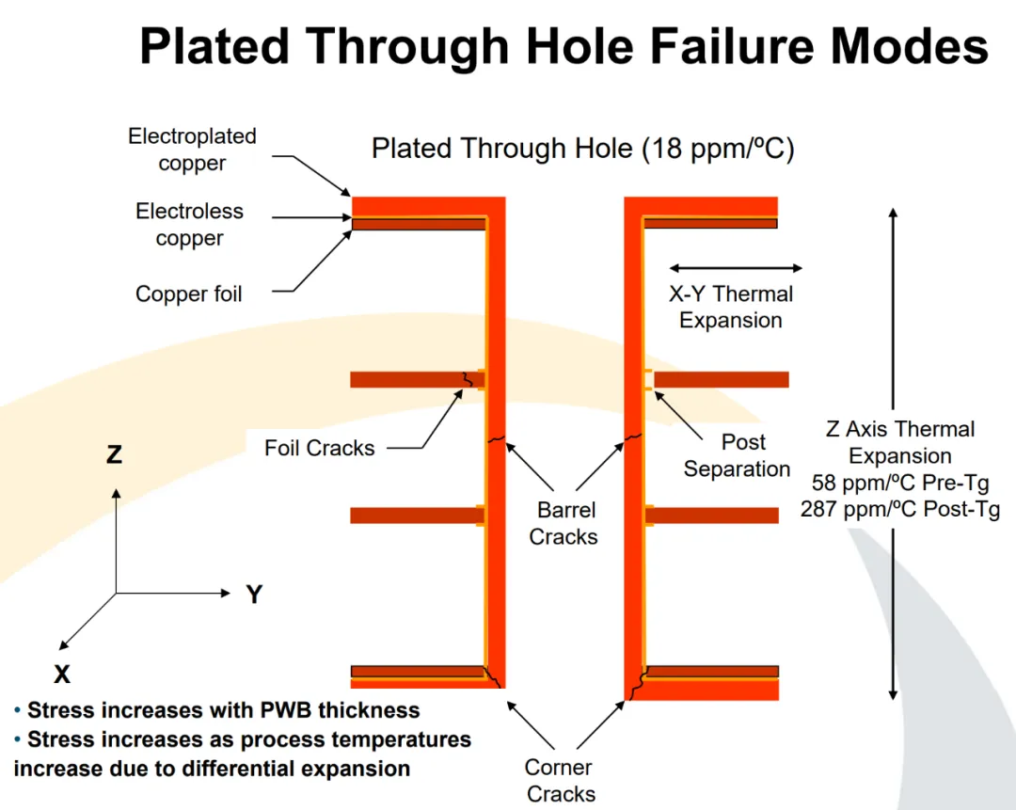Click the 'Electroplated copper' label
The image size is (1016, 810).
pos(192,150)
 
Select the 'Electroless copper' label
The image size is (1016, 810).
pos(189,225)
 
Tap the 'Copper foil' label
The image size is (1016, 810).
pos(188,294)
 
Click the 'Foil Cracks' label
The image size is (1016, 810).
pos(319,448)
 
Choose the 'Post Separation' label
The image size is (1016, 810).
pos(737,455)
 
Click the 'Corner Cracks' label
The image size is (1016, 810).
pos(561,780)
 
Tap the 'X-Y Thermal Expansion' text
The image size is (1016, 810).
pos(731,307)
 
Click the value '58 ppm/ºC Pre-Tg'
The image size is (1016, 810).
pos(900,484)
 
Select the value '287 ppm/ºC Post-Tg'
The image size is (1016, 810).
pos(900,510)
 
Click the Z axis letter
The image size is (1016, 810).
pos(114,455)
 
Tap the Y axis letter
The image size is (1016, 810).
pos(253,595)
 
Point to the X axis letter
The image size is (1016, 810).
pos(61,674)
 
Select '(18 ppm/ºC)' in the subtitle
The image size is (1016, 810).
pos(718,149)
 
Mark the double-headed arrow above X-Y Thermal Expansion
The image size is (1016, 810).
pos(735,268)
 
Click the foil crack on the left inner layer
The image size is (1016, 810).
pos(466,379)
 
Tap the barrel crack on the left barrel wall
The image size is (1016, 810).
pos(496,439)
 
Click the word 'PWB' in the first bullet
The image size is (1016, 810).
pos(266,709)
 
